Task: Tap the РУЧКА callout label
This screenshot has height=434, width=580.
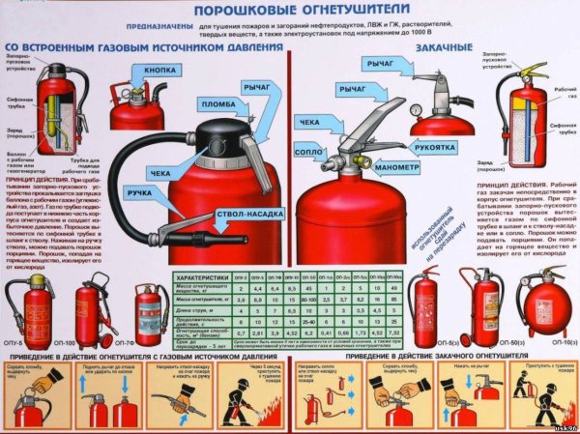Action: (145, 194)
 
